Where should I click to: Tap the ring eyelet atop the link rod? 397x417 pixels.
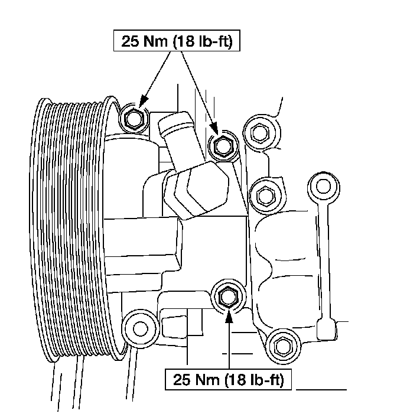tap(323, 186)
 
